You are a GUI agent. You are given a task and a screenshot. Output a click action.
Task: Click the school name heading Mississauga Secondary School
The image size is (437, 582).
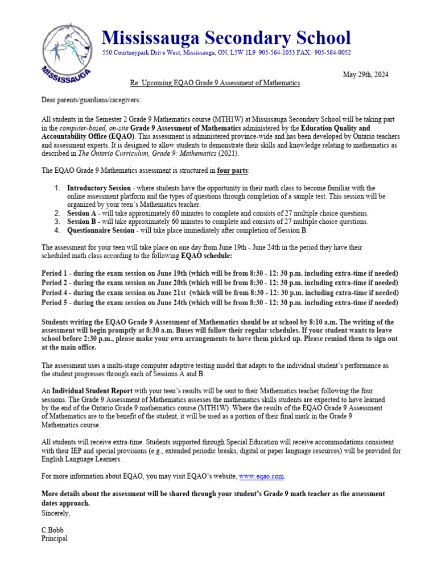point(226,38)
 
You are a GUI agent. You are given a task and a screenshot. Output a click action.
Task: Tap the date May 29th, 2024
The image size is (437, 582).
point(366,75)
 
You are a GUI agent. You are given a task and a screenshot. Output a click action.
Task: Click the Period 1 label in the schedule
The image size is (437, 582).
point(55,273)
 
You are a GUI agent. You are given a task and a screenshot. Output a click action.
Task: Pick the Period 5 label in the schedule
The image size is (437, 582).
point(55,303)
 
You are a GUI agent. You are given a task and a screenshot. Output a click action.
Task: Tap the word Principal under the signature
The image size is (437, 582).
point(55,538)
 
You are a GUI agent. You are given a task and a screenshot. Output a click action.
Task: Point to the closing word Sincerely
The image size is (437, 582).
point(56,513)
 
